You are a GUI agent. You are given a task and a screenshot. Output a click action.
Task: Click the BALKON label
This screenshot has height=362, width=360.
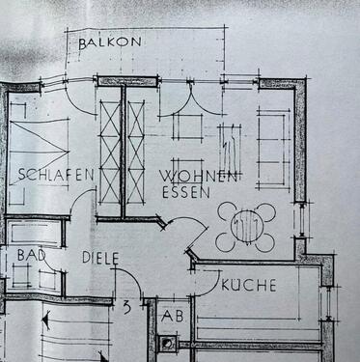pos(110,42)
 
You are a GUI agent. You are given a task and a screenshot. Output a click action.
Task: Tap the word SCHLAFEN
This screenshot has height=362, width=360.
pos(55,175)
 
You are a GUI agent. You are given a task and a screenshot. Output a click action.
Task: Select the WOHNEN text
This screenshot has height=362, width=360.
pos(199,177)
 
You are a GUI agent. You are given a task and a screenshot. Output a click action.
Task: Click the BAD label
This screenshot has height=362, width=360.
pos(31,255)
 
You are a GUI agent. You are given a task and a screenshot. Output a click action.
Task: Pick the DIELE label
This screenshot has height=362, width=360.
pos(99,259)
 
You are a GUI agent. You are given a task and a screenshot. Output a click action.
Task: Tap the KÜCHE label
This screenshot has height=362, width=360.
pos(248,286)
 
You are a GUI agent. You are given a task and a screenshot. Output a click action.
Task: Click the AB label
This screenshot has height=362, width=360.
pos(172,316)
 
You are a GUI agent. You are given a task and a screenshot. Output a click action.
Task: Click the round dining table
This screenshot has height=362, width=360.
pos(246,227)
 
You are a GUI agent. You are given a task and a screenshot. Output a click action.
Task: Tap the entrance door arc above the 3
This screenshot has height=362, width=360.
pos(128,282)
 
